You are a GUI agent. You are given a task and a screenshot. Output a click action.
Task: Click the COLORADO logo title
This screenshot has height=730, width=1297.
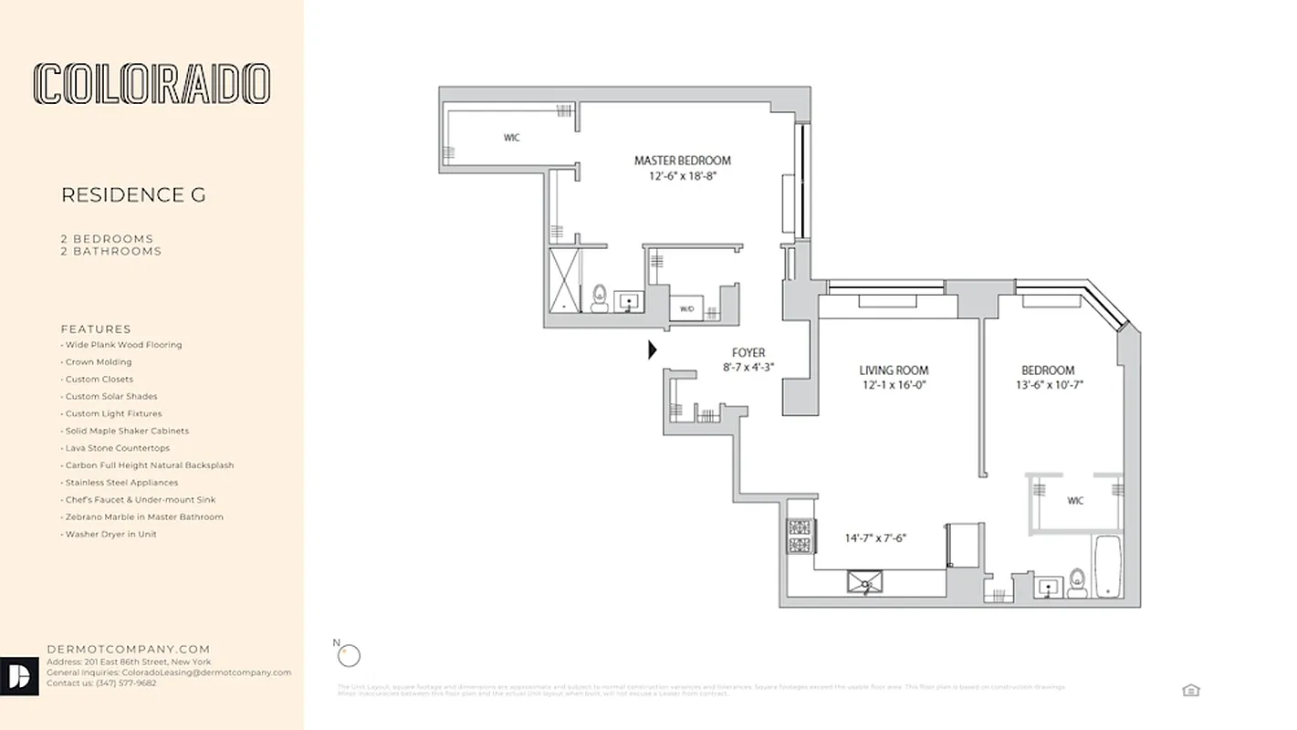[x=152, y=84]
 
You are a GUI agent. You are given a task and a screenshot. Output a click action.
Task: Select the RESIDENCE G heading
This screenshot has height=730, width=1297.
[x=133, y=195]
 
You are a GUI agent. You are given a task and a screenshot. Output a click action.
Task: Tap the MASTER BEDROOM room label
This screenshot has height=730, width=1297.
[x=682, y=161]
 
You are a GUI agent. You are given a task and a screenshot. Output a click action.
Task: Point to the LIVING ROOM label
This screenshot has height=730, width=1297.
[x=894, y=370]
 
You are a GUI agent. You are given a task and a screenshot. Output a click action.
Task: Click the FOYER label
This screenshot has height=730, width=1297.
[x=748, y=353]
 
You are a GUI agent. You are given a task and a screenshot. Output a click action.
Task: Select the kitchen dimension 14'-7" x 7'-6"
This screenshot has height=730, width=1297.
[x=874, y=538]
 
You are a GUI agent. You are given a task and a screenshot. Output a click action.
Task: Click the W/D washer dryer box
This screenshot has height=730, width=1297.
[x=686, y=309]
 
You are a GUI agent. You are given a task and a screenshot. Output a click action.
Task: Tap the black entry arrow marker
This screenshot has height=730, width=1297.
[x=653, y=349]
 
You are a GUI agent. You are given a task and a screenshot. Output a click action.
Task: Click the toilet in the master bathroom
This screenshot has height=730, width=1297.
[x=600, y=297]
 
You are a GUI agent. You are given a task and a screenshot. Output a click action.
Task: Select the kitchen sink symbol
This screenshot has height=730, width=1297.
[x=864, y=582]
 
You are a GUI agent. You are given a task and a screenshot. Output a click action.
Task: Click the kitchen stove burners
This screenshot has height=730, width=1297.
[x=800, y=537]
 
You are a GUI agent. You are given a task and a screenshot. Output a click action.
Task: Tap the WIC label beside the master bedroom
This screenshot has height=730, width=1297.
[x=512, y=138]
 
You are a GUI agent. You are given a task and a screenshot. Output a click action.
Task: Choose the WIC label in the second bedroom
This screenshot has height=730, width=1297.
[x=1074, y=501]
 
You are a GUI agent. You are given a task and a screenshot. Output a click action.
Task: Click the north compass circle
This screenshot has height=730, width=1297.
[x=349, y=655]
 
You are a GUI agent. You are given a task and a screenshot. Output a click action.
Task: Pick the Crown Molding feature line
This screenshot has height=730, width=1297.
[x=99, y=362]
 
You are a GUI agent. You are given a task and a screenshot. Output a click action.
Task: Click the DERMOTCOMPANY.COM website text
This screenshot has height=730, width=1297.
[x=129, y=650]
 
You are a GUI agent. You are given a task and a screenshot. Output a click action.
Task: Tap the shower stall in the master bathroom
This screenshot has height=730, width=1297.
[x=564, y=280]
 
